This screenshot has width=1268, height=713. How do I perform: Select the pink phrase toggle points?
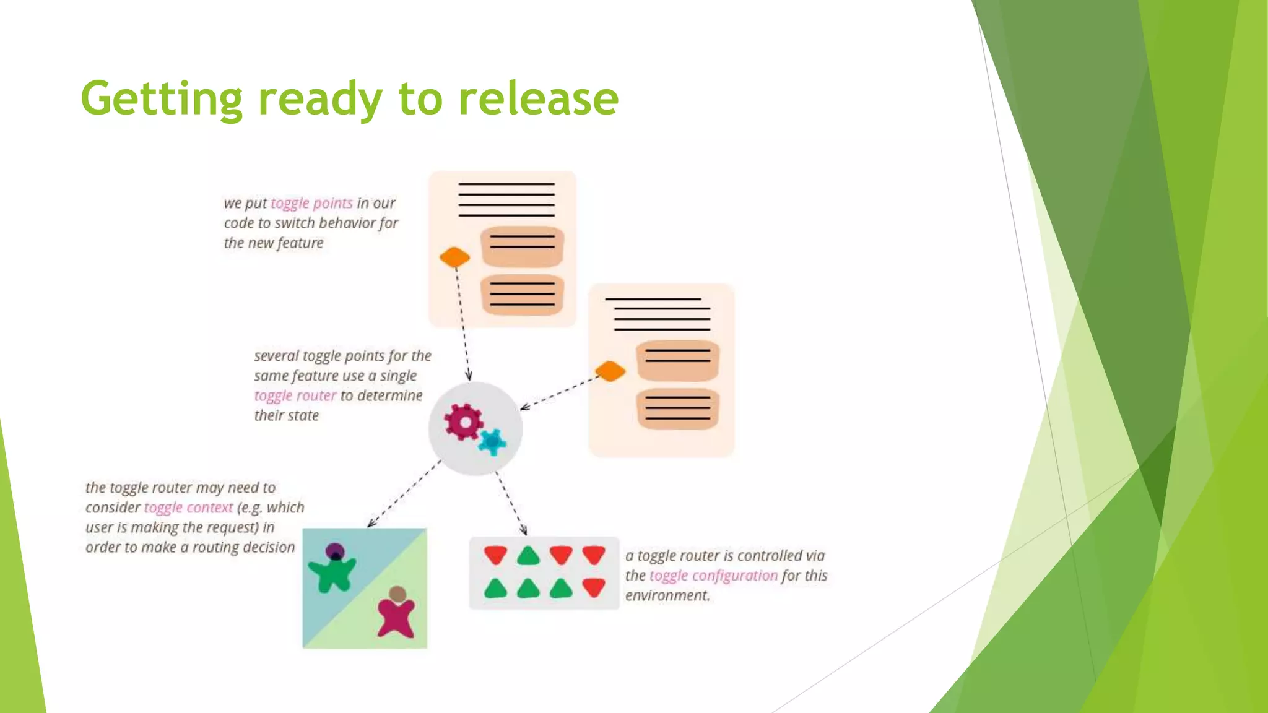click(x=311, y=203)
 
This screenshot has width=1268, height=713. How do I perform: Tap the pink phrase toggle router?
click(x=295, y=395)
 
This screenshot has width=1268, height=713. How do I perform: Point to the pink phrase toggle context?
click(x=188, y=508)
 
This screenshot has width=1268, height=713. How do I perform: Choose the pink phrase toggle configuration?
click(x=713, y=576)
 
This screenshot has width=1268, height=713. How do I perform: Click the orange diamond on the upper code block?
click(x=454, y=257)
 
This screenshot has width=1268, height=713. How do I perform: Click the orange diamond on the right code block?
click(x=610, y=371)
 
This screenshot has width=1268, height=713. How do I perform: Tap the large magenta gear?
click(x=463, y=422)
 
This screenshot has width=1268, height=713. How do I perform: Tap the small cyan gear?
click(x=493, y=442)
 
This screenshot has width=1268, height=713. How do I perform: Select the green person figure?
click(x=332, y=571)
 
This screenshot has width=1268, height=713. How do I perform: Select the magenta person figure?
click(x=396, y=614)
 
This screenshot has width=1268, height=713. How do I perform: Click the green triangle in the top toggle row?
click(x=528, y=556)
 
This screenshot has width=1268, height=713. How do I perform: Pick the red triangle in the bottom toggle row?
click(x=594, y=587)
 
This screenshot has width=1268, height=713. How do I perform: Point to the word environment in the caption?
click(x=667, y=595)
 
